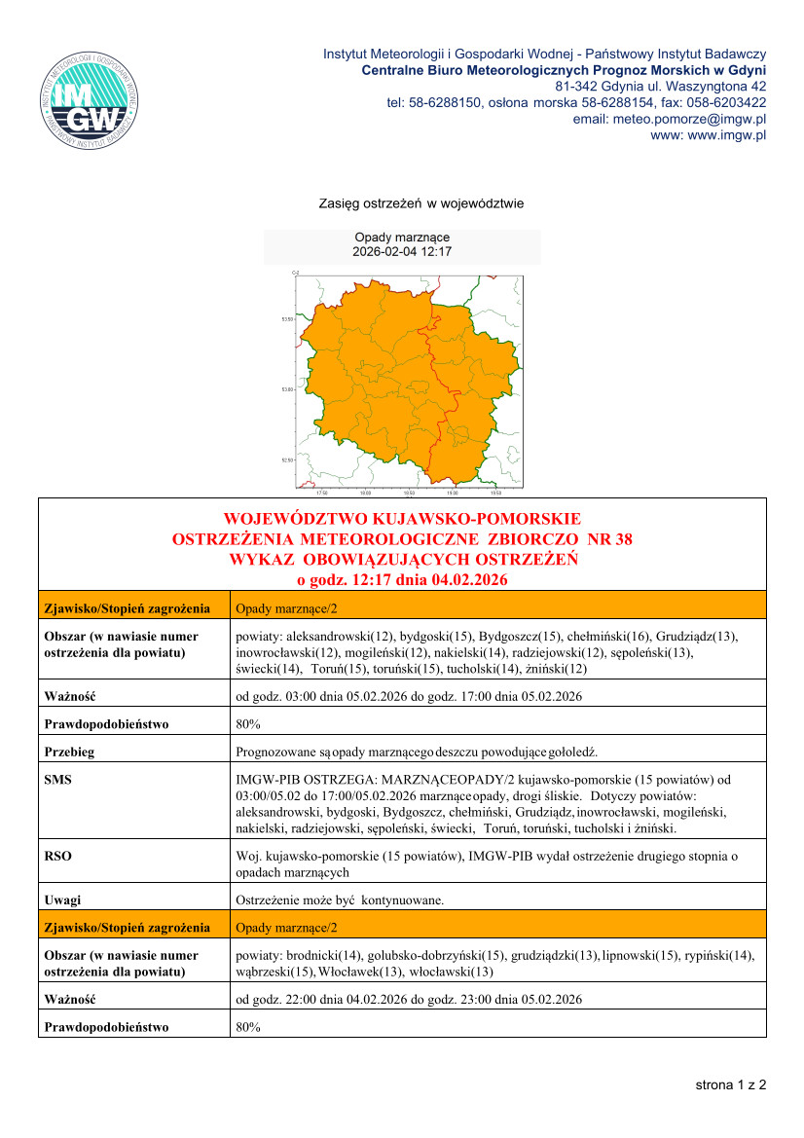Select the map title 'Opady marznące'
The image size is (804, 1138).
(x=402, y=238)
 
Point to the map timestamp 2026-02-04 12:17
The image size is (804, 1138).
(x=402, y=251)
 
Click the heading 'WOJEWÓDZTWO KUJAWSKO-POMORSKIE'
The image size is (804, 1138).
(x=402, y=518)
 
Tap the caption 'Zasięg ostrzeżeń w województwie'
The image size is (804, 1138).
(x=421, y=203)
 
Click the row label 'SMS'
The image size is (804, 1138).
(x=58, y=780)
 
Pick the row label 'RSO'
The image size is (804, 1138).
(x=58, y=857)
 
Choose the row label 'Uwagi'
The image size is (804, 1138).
(x=63, y=900)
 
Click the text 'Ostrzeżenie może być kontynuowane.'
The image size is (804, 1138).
(x=340, y=900)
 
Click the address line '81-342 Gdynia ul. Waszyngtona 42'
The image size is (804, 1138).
(x=667, y=86)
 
